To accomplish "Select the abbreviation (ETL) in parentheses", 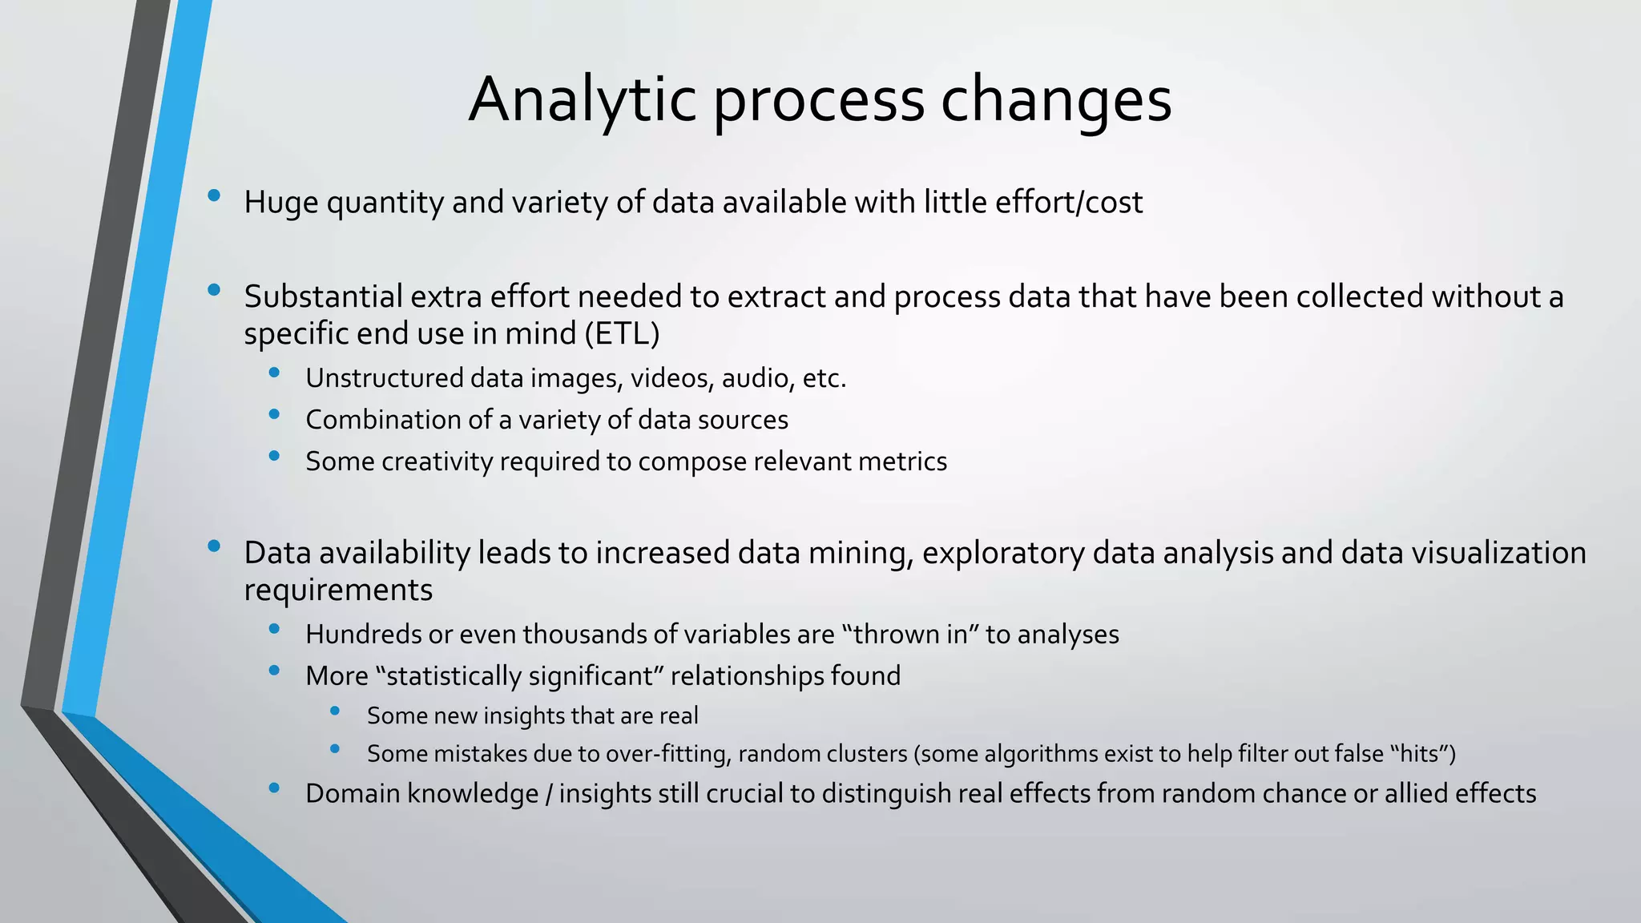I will click(x=622, y=333).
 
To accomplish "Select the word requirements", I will click(x=338, y=590).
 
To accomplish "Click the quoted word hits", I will click(x=1418, y=754).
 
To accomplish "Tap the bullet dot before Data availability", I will click(x=213, y=546).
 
